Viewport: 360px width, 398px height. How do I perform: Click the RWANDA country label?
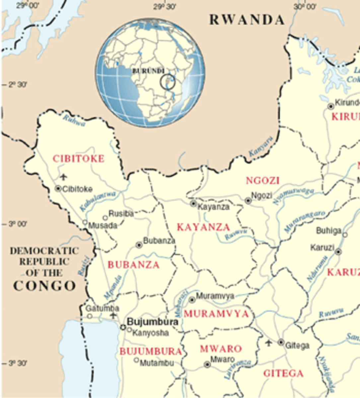[x=247, y=20]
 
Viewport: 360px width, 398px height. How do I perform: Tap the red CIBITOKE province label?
[x=79, y=159]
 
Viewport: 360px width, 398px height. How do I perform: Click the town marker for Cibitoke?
[x=58, y=189]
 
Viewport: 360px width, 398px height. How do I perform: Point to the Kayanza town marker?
[x=193, y=203]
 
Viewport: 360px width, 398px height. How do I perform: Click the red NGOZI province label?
[x=263, y=181]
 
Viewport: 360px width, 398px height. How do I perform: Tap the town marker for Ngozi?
[x=248, y=200]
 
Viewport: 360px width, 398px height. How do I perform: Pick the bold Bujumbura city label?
[x=153, y=322]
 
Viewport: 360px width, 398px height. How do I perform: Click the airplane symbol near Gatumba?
[x=114, y=315]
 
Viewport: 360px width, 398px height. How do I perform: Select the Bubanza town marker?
[x=139, y=245]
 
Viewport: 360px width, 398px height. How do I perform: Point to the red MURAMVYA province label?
[x=216, y=314]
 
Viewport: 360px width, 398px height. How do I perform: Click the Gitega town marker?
[x=281, y=342]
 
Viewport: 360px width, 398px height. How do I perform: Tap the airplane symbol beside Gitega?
[x=269, y=343]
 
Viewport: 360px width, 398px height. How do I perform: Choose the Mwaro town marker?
[x=207, y=365]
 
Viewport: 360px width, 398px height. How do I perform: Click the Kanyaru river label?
[x=260, y=147]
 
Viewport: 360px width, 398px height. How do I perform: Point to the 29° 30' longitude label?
[x=165, y=7]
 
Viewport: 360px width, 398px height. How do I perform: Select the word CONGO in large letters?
[x=44, y=286]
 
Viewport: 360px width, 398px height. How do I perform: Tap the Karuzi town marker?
[x=338, y=252]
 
